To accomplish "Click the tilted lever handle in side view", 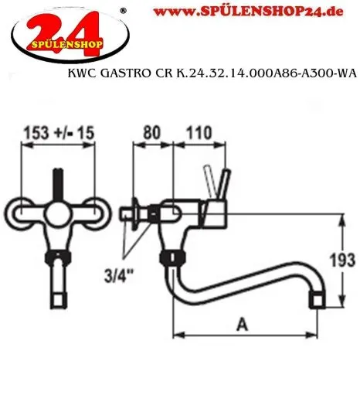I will click(x=212, y=185).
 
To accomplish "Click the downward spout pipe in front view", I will click(x=56, y=278).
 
